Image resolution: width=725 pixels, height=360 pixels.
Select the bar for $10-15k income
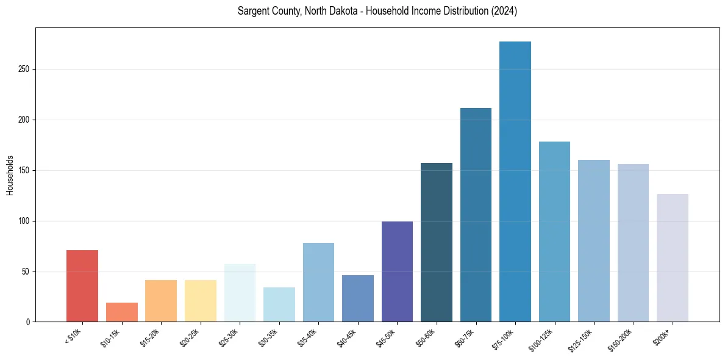point(122,312)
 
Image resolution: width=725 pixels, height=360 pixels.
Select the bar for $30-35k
point(279,304)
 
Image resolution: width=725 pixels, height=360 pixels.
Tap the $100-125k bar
point(554,231)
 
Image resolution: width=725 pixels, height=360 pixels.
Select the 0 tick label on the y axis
point(28,322)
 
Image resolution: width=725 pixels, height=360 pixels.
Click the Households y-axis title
point(10,175)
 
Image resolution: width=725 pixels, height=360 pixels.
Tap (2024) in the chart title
point(503,12)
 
